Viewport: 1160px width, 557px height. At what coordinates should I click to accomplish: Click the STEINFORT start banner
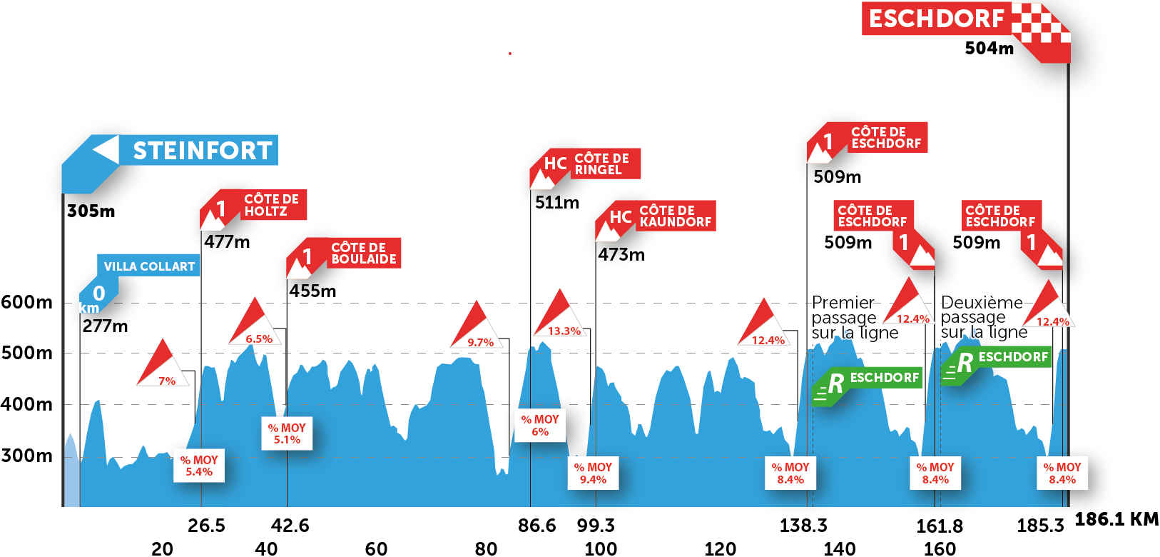[x=202, y=151]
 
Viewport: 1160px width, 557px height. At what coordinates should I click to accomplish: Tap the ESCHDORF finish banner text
[x=935, y=19]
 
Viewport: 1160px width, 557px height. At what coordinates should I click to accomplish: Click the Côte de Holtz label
[x=271, y=205]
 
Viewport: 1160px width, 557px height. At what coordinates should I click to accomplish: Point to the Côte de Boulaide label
[x=363, y=254]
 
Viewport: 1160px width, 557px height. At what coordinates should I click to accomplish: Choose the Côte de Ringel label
[x=601, y=164]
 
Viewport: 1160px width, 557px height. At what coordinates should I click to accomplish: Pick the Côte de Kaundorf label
[x=675, y=216]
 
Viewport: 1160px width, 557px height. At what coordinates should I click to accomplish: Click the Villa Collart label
[x=149, y=266]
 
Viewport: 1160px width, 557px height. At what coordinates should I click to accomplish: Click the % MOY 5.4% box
[x=199, y=466]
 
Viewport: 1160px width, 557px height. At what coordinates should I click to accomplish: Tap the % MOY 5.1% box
[x=287, y=433]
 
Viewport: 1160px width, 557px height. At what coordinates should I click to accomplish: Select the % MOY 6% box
[x=540, y=425]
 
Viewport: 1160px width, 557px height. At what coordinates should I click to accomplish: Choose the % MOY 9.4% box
[x=593, y=473]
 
